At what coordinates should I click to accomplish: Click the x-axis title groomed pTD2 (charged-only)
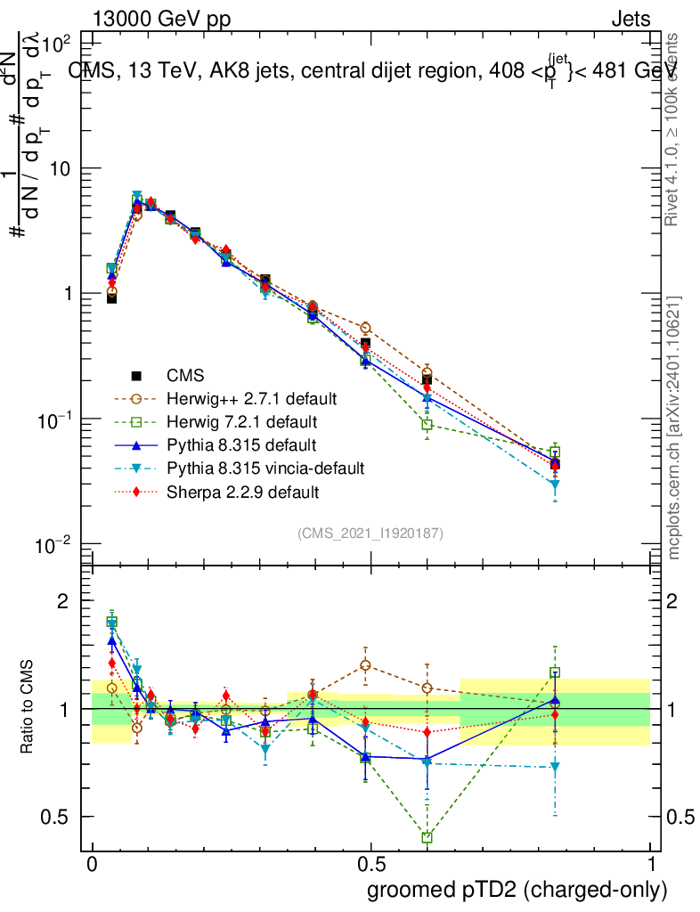point(517,889)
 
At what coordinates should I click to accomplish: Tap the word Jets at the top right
point(631,19)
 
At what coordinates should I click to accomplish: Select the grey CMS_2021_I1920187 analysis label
point(370,533)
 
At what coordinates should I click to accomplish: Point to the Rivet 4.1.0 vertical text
point(674,129)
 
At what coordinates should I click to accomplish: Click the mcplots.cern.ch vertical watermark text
point(674,427)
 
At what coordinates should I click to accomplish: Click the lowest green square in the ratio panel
point(427,837)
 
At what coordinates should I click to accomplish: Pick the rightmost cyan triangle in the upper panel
point(555,485)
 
